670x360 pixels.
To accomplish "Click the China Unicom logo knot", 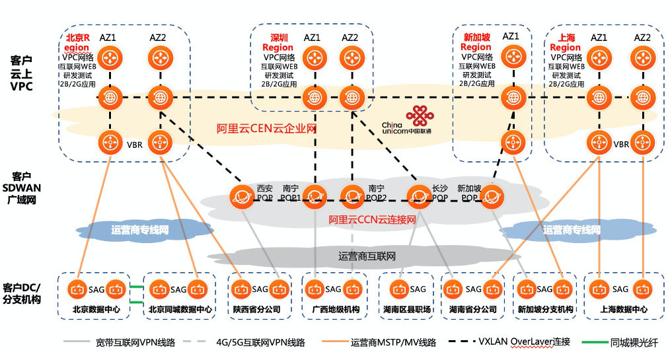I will (x=417, y=116).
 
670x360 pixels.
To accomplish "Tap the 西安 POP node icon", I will (x=241, y=196).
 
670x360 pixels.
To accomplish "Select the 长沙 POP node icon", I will (x=419, y=196).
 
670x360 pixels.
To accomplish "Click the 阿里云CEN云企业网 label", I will (x=267, y=128).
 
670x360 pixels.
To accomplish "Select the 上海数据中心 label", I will (x=620, y=309).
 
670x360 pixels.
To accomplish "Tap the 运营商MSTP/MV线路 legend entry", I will (x=393, y=342).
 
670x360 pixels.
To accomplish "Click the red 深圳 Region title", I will (x=278, y=42).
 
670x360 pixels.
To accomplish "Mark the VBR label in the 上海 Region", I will (x=621, y=144).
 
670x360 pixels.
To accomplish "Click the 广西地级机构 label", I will (x=332, y=309).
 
